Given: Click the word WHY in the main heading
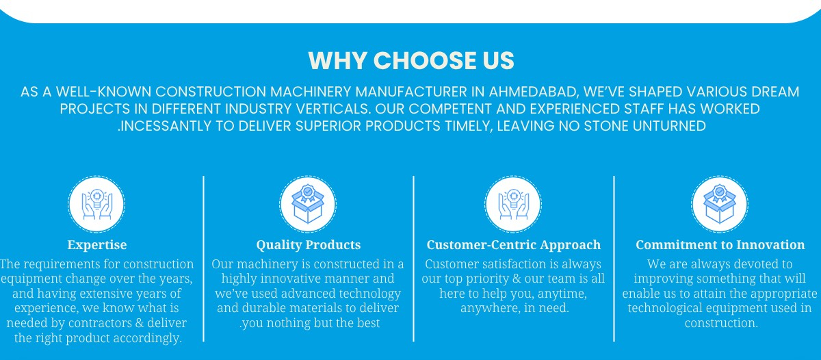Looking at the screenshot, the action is [337, 60].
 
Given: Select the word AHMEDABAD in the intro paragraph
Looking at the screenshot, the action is [534, 92].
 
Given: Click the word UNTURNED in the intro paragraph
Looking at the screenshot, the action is [669, 126].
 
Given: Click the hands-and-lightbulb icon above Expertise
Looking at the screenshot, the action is [96, 204].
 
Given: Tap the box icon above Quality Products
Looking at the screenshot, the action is [308, 204].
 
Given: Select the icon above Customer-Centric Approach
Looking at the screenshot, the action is [513, 204].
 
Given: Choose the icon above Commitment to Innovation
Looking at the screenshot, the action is [720, 204].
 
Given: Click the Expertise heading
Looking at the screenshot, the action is [97, 245].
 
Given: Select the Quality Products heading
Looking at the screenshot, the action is [309, 245].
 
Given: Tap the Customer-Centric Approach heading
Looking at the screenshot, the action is [514, 245].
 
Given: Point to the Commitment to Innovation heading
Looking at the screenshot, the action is [720, 245].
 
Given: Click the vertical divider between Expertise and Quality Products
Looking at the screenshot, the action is [203, 259].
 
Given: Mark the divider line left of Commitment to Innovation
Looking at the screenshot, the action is [614, 259].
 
